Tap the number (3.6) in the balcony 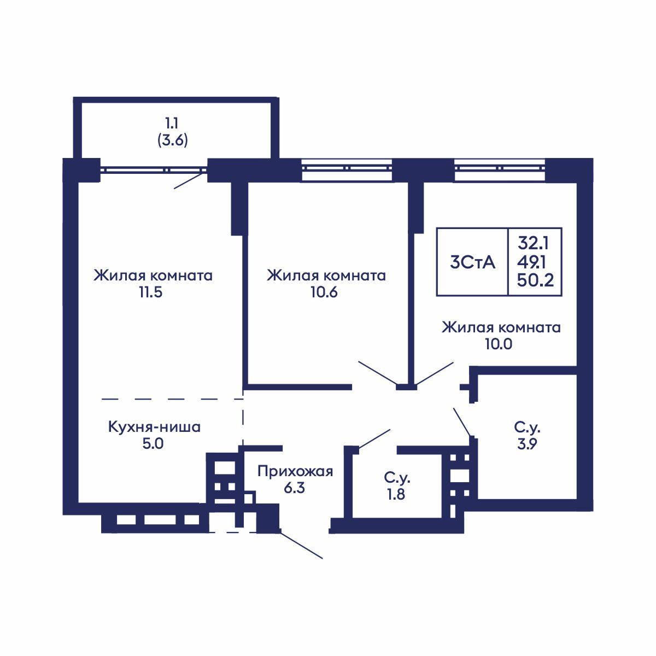(x=173, y=140)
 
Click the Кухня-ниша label (x=154, y=426)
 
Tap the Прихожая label (x=295, y=471)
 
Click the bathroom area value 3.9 (x=527, y=443)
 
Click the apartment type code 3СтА (x=472, y=262)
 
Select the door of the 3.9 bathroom (x=462, y=422)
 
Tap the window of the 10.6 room (x=347, y=168)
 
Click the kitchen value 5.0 (x=153, y=443)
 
